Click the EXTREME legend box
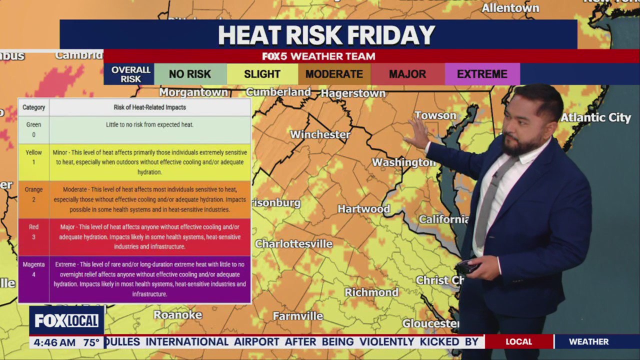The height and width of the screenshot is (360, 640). (482, 74)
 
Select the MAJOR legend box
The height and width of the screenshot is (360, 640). (407, 74)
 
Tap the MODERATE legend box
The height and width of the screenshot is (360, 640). (334, 74)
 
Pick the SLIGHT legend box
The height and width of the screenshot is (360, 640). (262, 74)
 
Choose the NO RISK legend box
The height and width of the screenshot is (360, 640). (190, 74)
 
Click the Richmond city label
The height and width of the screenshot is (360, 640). (371, 292)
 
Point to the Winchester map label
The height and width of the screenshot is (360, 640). (320, 134)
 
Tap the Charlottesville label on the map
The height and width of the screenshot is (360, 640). (293, 244)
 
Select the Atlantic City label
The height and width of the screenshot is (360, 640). (595, 118)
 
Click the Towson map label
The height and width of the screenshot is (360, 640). (435, 115)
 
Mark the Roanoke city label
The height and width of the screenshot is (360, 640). (177, 314)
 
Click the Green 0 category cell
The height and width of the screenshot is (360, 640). (33, 129)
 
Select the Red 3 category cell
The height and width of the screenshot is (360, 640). (33, 231)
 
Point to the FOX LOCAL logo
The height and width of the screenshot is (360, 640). (66, 320)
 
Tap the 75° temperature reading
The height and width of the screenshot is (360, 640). (91, 342)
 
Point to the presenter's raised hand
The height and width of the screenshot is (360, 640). (417, 134)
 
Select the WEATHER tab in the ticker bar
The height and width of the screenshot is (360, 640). (588, 342)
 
